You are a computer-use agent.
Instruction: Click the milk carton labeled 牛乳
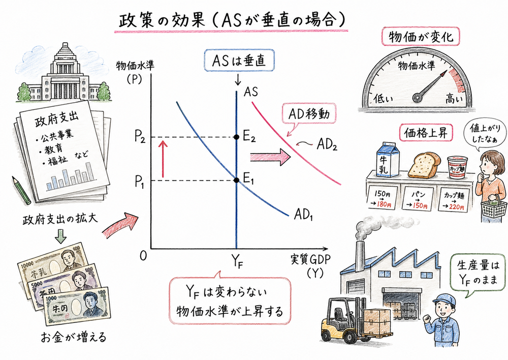tap(388, 160)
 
